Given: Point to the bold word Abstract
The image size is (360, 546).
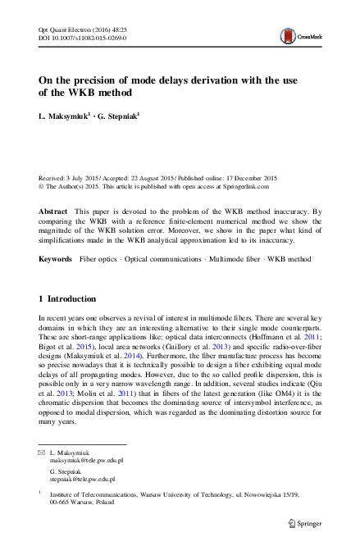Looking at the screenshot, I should click(x=53, y=212).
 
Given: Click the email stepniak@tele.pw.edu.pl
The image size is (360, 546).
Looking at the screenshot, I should click(x=82, y=478).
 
